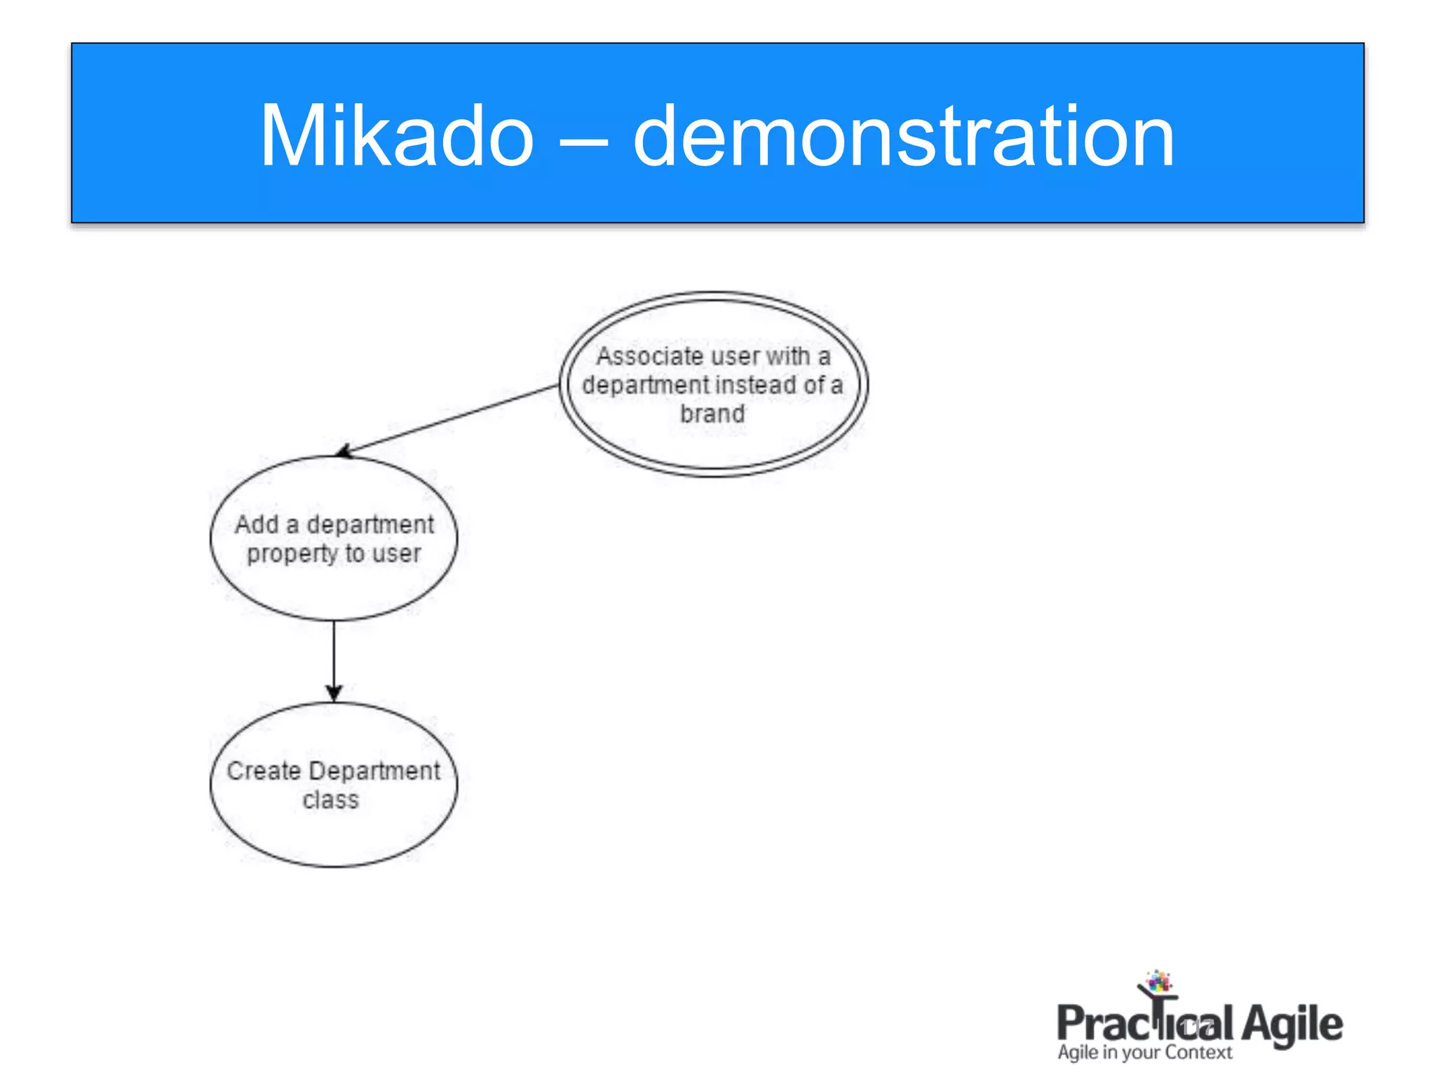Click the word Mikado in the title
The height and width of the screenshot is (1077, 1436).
click(397, 135)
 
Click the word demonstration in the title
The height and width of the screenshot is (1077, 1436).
click(903, 135)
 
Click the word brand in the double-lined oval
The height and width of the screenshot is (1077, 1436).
click(712, 414)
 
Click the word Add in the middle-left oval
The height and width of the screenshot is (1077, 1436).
click(257, 524)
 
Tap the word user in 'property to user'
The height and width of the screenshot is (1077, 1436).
click(396, 554)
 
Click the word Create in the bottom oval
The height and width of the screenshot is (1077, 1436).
click(264, 771)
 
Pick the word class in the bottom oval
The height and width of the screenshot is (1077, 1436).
click(331, 800)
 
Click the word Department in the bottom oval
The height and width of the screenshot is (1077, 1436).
click(374, 771)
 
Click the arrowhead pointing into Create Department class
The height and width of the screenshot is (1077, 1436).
click(334, 693)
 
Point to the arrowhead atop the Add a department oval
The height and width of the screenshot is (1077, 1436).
click(344, 452)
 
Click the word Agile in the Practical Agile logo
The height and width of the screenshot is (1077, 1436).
click(1292, 1024)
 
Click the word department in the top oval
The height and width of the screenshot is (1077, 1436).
click(645, 385)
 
